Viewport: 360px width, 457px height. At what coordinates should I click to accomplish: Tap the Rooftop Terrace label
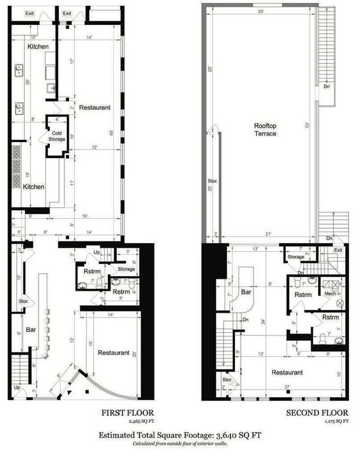[x=265, y=130]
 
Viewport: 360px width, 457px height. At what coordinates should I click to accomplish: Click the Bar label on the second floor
[x=246, y=293]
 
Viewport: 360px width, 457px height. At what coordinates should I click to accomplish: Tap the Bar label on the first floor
[x=32, y=329]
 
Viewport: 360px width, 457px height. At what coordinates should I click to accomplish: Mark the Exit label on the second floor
[x=338, y=250]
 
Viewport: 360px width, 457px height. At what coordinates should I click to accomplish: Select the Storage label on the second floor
[x=295, y=257]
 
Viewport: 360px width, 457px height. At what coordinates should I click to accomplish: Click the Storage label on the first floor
[x=126, y=269]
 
